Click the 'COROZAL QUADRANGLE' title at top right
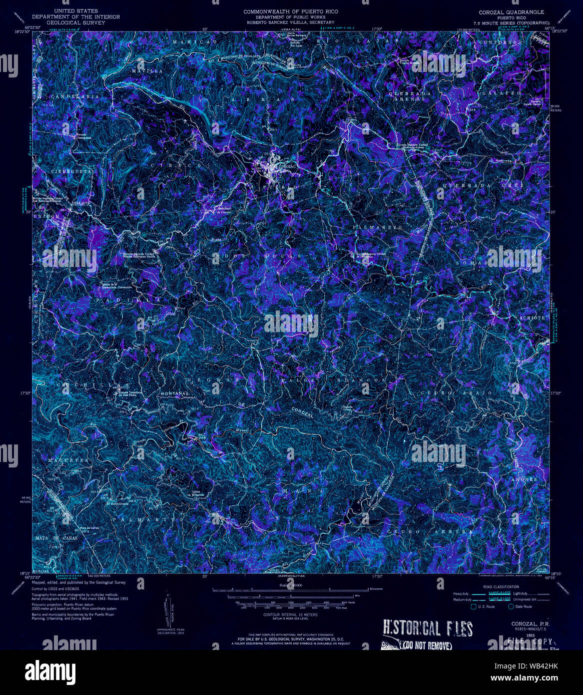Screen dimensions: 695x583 (x=511, y=11)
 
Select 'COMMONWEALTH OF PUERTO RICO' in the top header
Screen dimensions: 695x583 (x=291, y=11)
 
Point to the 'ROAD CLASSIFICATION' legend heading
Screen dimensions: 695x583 (x=501, y=586)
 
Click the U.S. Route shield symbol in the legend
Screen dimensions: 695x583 (x=473, y=606)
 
